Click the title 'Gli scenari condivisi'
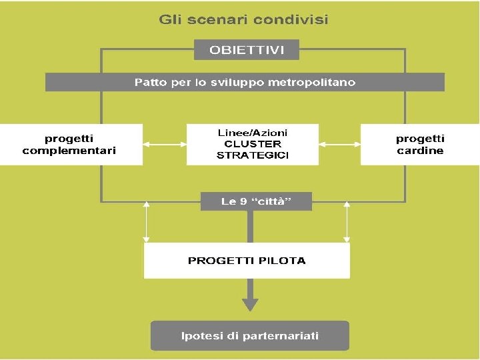point(243,20)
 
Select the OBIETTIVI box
point(247,50)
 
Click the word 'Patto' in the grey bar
point(150,83)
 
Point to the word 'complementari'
point(69,151)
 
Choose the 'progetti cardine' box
point(420,145)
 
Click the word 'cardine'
point(420,151)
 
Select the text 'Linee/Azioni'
point(253,133)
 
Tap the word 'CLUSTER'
point(253,144)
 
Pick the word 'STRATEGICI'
point(253,155)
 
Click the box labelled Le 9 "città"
point(257,201)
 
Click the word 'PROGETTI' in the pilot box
point(216,261)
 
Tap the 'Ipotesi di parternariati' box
point(250,335)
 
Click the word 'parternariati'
point(280,335)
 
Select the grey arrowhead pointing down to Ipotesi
point(250,303)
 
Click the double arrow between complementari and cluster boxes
point(165,143)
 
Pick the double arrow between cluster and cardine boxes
point(339,143)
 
